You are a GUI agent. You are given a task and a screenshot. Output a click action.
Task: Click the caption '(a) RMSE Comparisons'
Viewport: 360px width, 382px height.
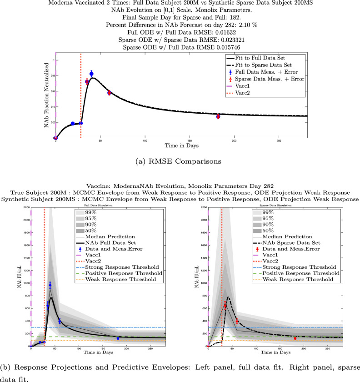(180, 160)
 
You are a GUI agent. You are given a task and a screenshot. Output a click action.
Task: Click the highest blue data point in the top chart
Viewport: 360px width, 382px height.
(91, 74)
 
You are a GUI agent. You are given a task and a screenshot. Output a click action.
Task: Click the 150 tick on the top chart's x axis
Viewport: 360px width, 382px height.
(190, 141)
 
